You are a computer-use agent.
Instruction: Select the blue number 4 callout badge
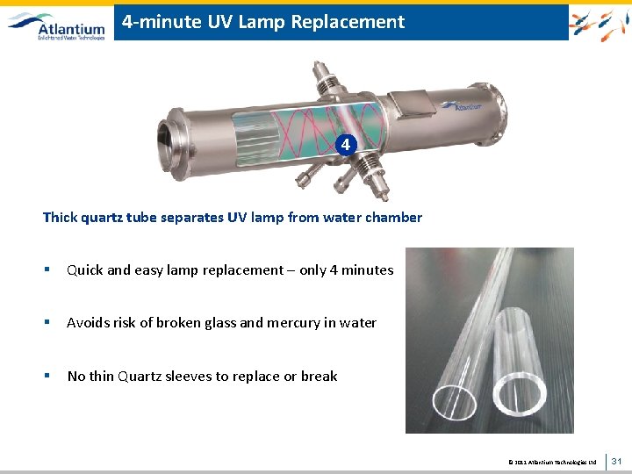pyautogui.click(x=348, y=144)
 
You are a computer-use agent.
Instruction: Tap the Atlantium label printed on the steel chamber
pyautogui.click(x=463, y=104)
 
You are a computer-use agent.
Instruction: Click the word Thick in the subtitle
pyautogui.click(x=61, y=218)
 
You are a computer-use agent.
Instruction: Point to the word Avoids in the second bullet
pyautogui.click(x=90, y=323)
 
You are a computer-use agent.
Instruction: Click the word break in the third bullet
pyautogui.click(x=319, y=377)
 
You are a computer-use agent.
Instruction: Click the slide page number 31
pyautogui.click(x=616, y=461)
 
